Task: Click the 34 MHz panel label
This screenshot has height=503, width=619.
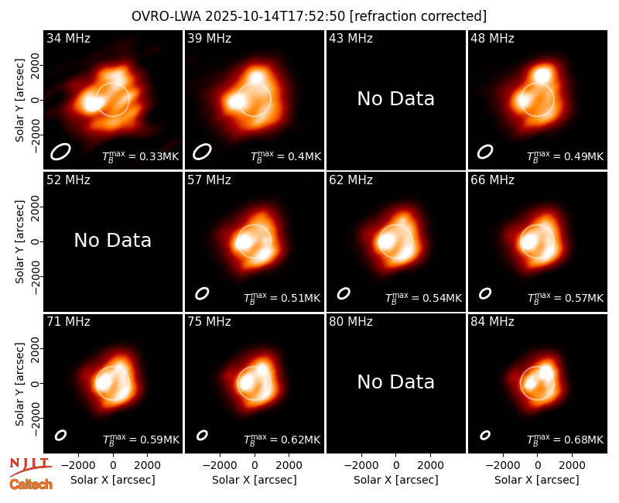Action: pos(68,38)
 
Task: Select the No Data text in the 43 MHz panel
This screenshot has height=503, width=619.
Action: pos(395,99)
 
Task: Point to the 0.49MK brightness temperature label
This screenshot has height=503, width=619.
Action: pos(565,156)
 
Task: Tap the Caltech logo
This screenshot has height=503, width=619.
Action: pos(31,484)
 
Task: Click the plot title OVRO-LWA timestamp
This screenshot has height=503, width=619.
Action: pos(309,16)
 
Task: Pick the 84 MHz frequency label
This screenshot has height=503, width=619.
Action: pos(492,322)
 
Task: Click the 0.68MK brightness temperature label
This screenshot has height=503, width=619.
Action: pos(565,440)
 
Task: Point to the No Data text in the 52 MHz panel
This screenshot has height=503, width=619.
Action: pos(112,241)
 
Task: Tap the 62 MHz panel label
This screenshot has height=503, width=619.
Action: pos(351,180)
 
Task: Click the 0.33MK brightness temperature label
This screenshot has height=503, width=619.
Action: pos(141,156)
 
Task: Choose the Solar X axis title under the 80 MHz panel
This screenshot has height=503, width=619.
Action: pos(395,480)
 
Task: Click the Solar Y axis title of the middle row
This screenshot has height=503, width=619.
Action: pos(19,241)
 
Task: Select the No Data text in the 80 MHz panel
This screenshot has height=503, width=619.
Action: pos(395,382)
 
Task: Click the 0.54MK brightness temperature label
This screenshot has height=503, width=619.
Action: pos(423,298)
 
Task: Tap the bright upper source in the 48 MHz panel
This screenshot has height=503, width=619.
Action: pos(542,75)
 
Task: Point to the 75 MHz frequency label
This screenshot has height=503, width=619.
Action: pos(209,322)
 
